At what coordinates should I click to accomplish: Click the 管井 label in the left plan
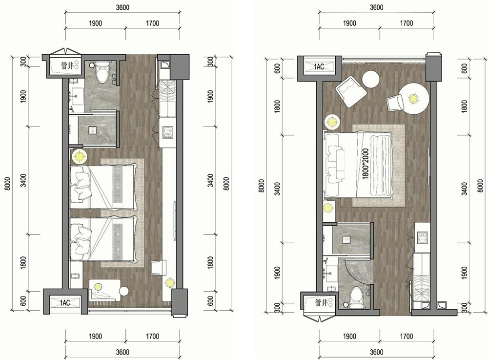coord(67,66)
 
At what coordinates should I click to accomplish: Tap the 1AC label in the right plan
coord(319,66)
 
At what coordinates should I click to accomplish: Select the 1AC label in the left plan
coord(65,303)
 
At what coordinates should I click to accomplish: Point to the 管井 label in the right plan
coord(321,302)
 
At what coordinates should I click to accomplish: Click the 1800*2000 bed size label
coord(366,163)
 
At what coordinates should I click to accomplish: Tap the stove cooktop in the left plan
coord(168,132)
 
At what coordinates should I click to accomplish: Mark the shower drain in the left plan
coord(92,130)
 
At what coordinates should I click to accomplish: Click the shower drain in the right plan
coord(346,240)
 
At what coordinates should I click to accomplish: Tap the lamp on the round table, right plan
coord(413,99)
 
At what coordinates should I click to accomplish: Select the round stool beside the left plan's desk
coord(124,291)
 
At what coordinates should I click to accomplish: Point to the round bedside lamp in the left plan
coord(79,156)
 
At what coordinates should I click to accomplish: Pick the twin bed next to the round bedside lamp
coord(103,187)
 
